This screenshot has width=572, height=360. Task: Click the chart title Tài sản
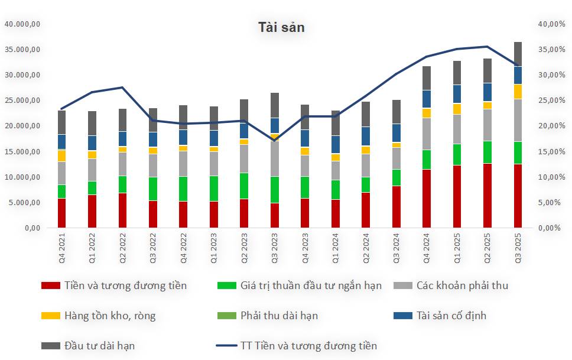tap(281, 27)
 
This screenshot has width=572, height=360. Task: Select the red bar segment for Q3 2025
tap(518, 196)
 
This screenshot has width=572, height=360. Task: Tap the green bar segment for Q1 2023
tap(213, 189)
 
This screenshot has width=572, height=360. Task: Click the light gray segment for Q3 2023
tap(274, 158)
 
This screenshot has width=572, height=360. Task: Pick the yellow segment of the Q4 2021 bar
tap(61, 155)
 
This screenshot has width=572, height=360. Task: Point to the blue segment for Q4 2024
tap(426, 99)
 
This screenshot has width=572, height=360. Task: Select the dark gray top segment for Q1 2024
tap(335, 123)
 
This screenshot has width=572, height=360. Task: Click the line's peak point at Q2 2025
tap(487, 47)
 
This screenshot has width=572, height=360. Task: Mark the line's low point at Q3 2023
tap(274, 141)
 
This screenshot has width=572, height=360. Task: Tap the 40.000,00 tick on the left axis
tap(22, 24)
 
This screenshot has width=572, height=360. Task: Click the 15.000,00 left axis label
tap(22, 152)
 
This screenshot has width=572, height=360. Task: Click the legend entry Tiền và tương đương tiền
tap(125, 286)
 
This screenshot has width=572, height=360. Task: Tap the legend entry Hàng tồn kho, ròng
tap(109, 316)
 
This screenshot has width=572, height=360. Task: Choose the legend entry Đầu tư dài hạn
tap(99, 346)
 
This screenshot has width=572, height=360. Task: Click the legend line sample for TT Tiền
tap(226, 346)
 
